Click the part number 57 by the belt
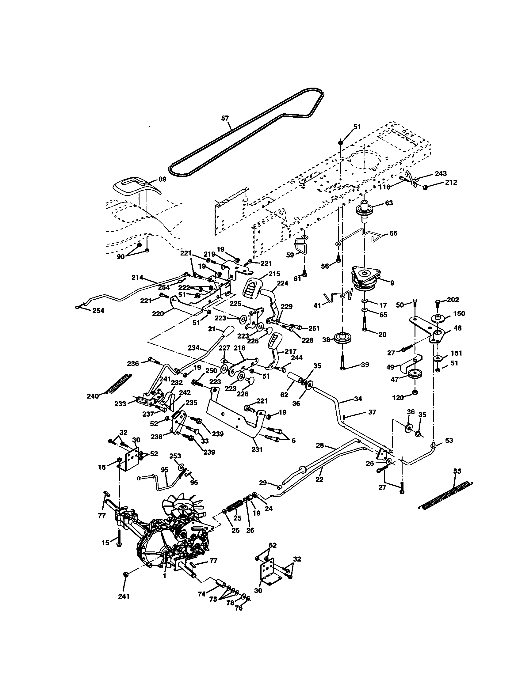(x=225, y=118)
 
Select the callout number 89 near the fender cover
(x=162, y=179)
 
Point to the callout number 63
(x=389, y=203)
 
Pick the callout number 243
(x=441, y=173)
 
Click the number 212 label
(x=450, y=182)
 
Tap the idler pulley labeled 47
(x=415, y=374)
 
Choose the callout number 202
(x=453, y=299)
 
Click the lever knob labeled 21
(x=230, y=331)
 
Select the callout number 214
(x=137, y=278)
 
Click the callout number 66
(x=393, y=233)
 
